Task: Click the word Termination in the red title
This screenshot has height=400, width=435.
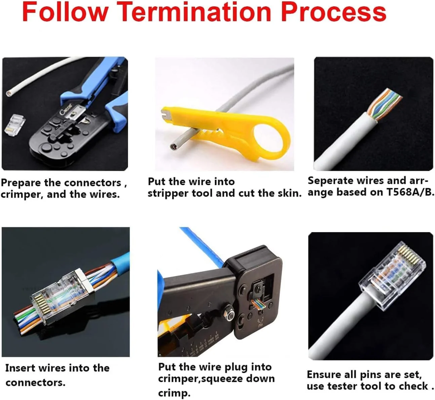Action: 195,12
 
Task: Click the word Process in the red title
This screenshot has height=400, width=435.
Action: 334,12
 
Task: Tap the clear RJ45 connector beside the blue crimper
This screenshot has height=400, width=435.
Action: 14,124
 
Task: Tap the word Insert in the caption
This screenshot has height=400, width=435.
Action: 18,368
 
